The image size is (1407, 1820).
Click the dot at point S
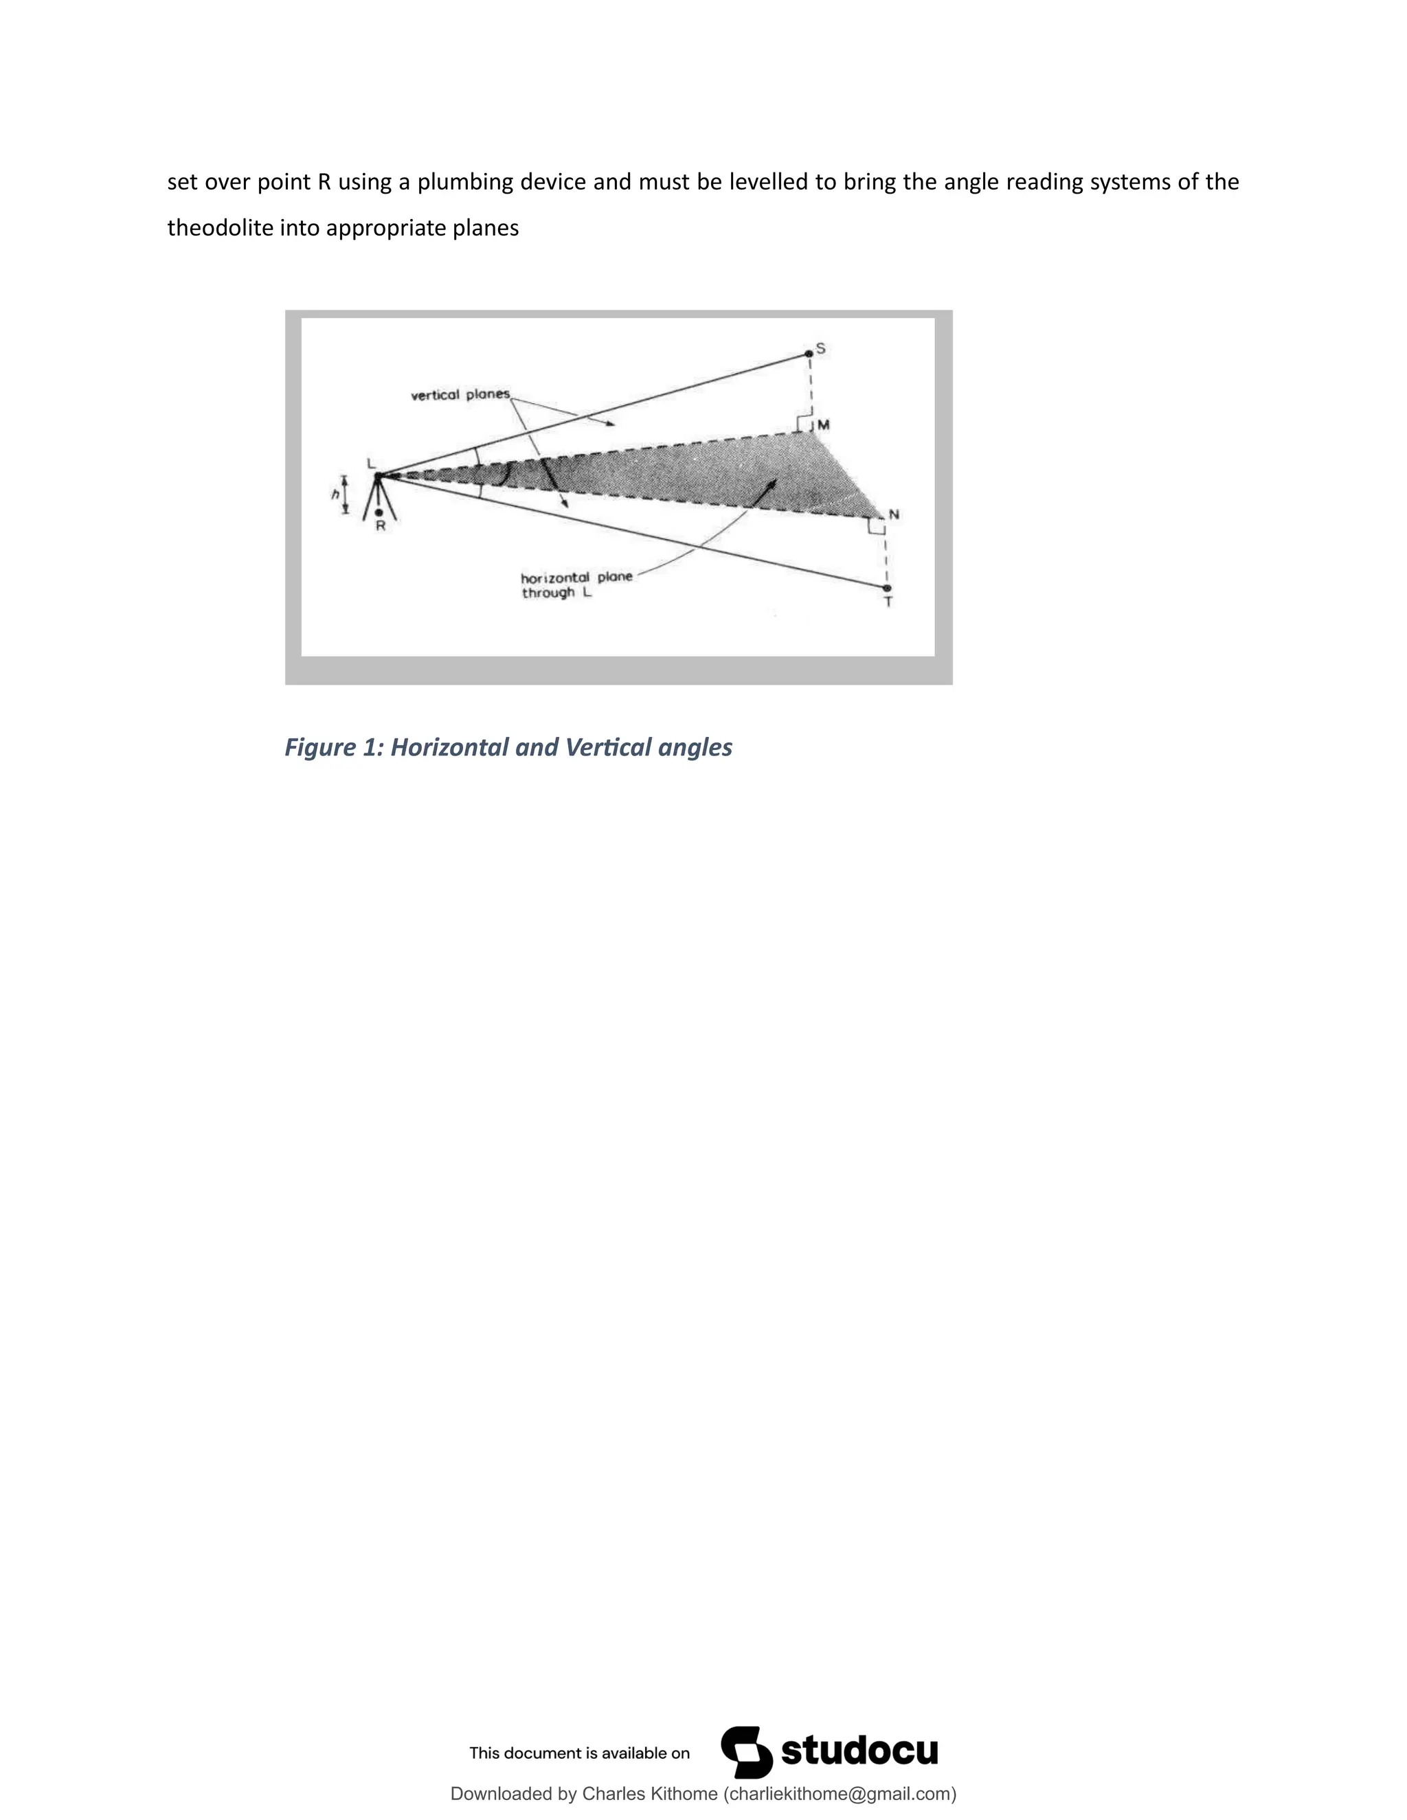[809, 354]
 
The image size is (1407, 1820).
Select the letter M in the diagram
[824, 425]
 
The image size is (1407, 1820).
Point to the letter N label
[894, 515]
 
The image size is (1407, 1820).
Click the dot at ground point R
[379, 512]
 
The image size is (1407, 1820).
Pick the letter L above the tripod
[371, 464]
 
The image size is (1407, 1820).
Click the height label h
[335, 494]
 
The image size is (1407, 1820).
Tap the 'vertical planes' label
[460, 394]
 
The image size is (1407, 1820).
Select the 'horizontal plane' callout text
[576, 578]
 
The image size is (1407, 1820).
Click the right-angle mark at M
[804, 423]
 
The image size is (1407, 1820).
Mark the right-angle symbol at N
[876, 526]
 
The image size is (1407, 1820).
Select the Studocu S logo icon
[746, 1752]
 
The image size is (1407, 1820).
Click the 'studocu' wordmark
[859, 1752]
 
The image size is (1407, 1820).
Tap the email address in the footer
[840, 1794]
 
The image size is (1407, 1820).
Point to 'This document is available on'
[579, 1753]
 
